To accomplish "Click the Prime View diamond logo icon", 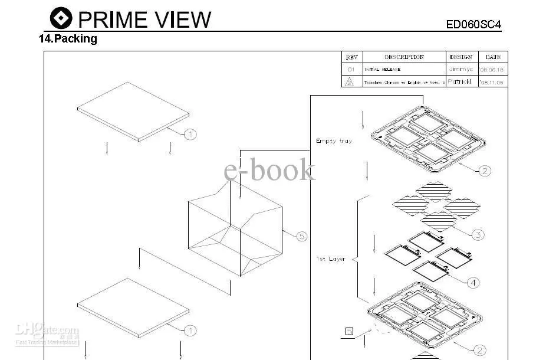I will pos(61,18).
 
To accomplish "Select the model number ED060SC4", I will pos(473,24).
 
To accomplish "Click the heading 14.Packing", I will pos(68,40).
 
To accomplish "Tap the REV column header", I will pos(351,57).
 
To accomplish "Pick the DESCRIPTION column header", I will pos(404,57).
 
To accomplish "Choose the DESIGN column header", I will pos(461,57).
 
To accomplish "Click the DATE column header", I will pos(493,57).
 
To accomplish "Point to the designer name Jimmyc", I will pos(460,69).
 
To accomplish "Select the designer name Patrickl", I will pos(459,81).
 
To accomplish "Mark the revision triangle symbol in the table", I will pos(350,81).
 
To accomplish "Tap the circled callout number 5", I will pos(301,236).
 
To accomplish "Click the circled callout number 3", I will pos(478,235).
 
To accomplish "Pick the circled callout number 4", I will pos(473,283).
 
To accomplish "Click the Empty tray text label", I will pos(334,141).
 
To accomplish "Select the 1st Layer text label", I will pos(331,259).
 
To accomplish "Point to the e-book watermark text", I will pos(269,171).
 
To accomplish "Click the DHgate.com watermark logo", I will pos(47,334).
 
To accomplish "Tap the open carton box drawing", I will pos(235,230).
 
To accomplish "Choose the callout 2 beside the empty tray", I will pos(484,171).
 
